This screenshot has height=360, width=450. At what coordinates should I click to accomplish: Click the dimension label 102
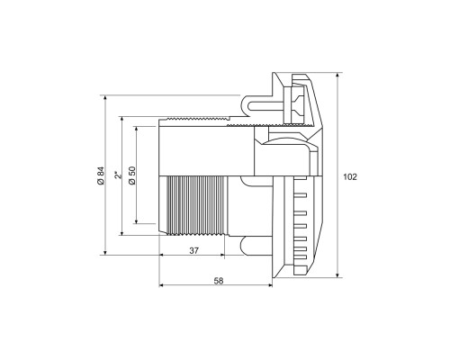pos(350,177)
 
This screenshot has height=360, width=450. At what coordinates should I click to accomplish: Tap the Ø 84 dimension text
pos(101,175)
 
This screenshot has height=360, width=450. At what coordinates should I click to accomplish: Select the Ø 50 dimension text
pos(132,175)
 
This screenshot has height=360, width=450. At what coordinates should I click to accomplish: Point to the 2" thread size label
pos(119,175)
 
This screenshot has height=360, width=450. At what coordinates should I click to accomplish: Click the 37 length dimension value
pos(193,250)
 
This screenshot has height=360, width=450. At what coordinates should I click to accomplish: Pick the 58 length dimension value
pos(219,281)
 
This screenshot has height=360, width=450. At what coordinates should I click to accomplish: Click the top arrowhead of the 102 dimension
pos(337,75)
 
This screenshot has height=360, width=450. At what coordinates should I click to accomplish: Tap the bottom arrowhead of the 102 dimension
pos(337,275)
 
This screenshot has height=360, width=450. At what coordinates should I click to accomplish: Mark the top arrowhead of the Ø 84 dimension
pos(104,97)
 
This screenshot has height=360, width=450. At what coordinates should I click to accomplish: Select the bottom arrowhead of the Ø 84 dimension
pos(104,252)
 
